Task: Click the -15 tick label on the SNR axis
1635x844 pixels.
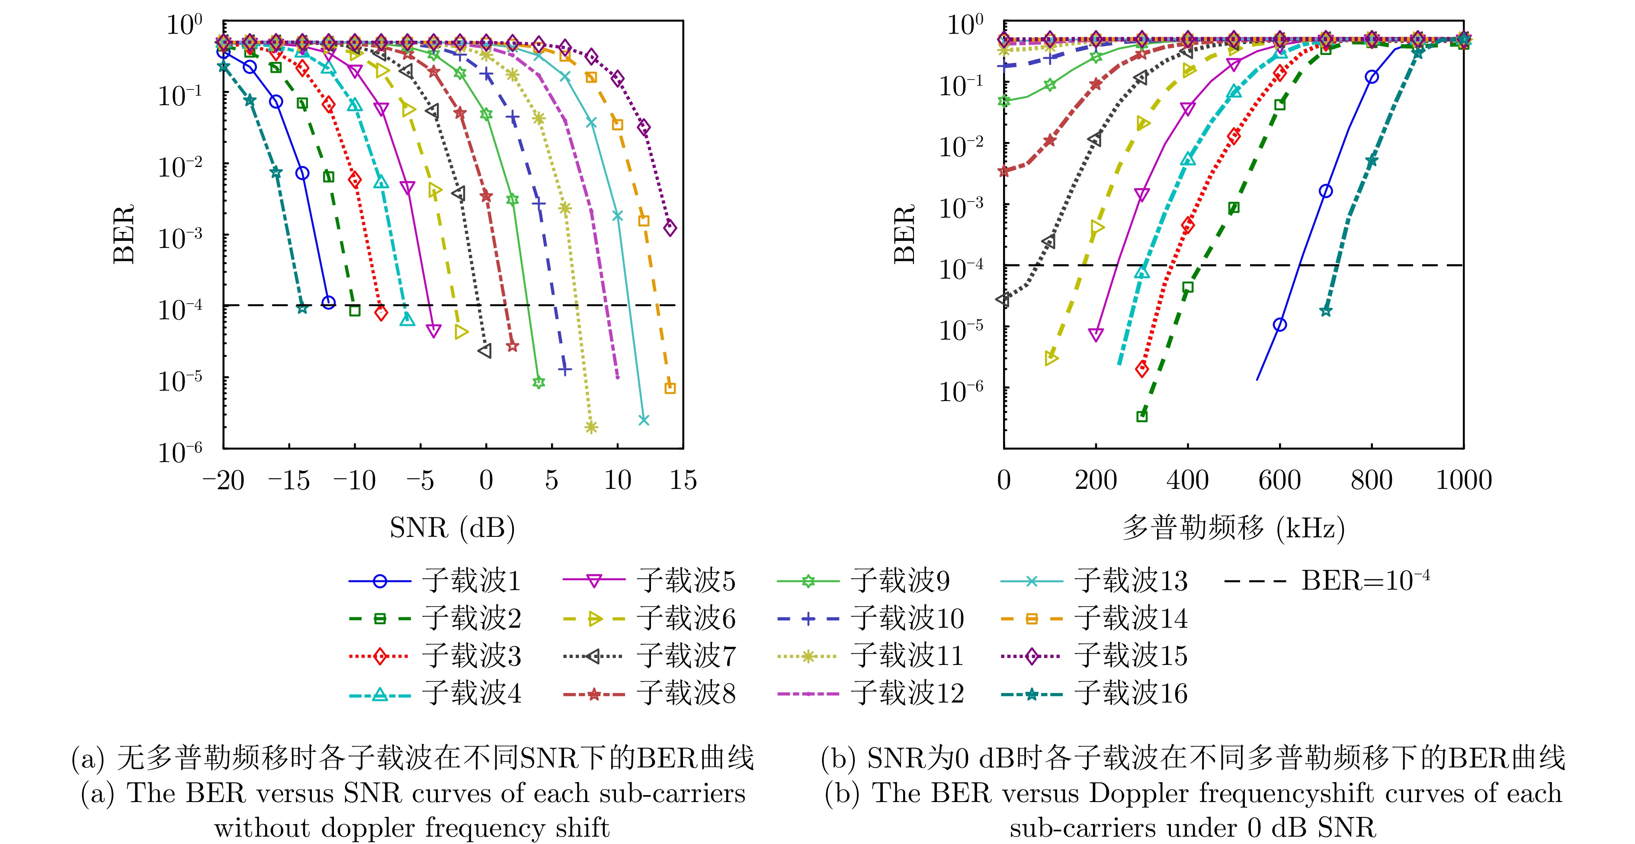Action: (x=289, y=480)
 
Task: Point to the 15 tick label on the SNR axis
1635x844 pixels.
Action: (x=683, y=480)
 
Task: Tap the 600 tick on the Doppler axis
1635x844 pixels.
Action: (x=1279, y=480)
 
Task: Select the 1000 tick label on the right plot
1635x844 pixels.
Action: (x=1463, y=480)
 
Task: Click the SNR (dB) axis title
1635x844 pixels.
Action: (x=452, y=527)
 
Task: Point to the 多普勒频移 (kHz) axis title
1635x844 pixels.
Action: (x=1233, y=527)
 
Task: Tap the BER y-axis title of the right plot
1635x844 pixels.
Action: (x=904, y=234)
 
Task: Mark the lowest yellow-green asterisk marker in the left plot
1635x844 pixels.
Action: (x=591, y=427)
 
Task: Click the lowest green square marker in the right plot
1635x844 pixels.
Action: (x=1142, y=416)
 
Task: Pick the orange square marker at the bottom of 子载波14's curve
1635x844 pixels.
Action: (x=670, y=388)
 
